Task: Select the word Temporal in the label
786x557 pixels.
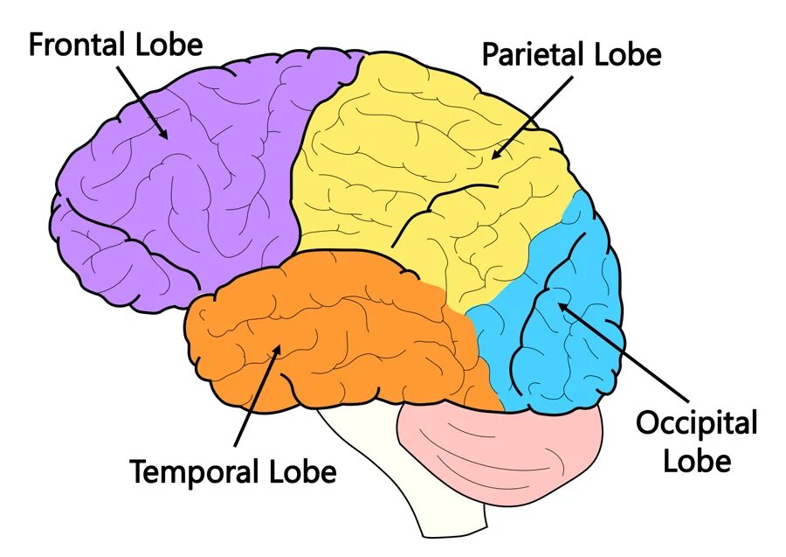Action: (x=194, y=473)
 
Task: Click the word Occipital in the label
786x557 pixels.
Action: (x=695, y=424)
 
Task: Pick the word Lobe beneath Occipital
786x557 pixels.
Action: (x=696, y=460)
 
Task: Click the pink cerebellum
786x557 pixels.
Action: (x=498, y=446)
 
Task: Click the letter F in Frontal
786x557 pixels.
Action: (x=37, y=45)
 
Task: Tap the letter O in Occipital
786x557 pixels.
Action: (x=647, y=424)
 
